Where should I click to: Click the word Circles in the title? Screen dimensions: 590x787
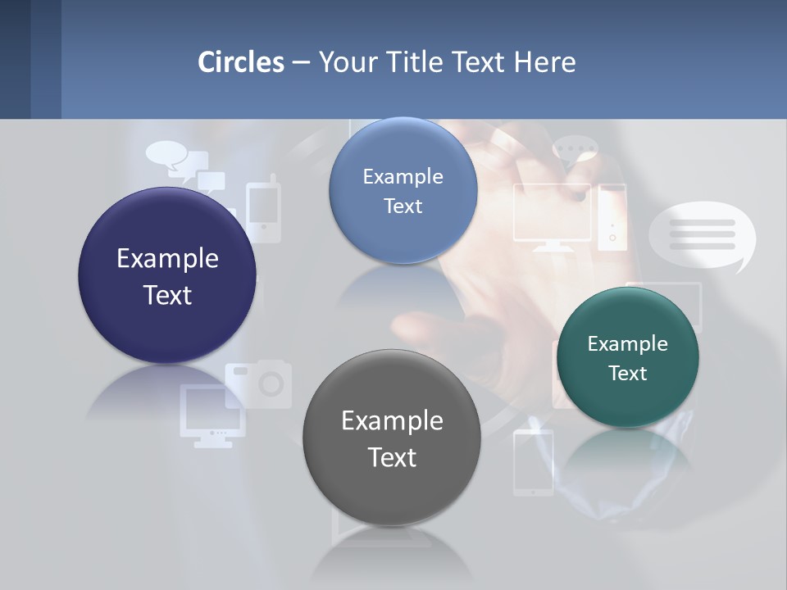(x=241, y=61)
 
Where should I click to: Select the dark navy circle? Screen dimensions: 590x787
(x=167, y=275)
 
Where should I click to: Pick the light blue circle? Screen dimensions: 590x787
(x=403, y=190)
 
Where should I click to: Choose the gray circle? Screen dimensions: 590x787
(x=392, y=438)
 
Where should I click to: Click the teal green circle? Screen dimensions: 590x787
(x=627, y=357)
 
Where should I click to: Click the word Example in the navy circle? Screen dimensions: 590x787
(x=167, y=258)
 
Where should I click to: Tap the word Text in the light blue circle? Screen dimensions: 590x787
(x=403, y=206)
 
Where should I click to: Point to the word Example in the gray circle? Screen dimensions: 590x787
(x=392, y=420)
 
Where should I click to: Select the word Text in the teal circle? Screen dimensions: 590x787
(x=627, y=374)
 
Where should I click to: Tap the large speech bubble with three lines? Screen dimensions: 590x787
(x=702, y=235)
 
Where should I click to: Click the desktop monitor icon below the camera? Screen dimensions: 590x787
(x=212, y=415)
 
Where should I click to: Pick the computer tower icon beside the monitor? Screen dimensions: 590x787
(x=612, y=216)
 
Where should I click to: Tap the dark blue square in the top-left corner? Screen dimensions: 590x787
(x=15, y=59)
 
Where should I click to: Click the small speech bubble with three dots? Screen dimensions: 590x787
(x=575, y=151)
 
